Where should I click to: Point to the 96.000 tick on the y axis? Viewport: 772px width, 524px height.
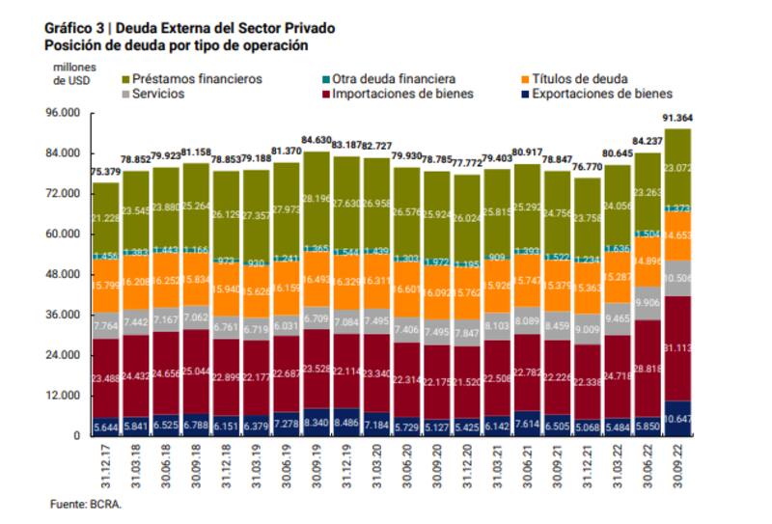point(64,113)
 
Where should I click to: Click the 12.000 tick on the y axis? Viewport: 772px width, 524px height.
point(64,396)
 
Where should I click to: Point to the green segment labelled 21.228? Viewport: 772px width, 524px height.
point(106,218)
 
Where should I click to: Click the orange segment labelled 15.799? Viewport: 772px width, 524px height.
point(106,287)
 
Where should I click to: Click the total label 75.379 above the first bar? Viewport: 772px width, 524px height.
point(106,173)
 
